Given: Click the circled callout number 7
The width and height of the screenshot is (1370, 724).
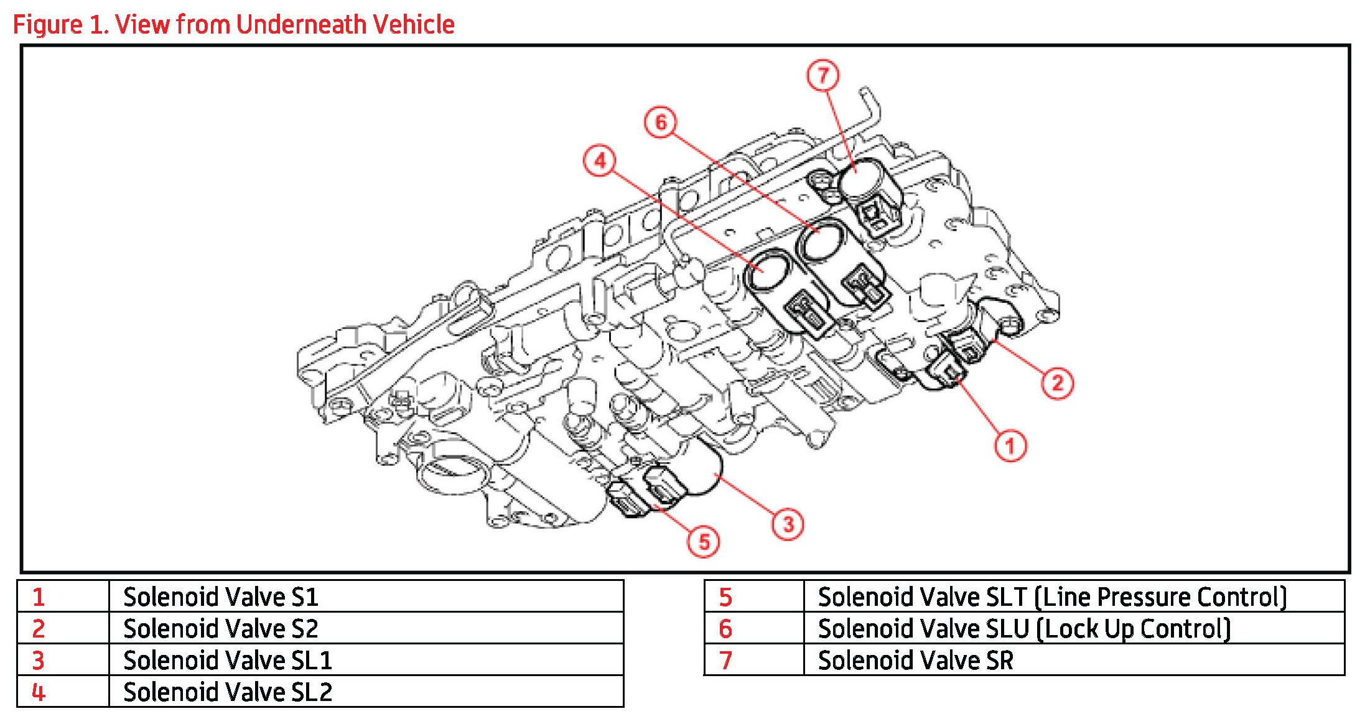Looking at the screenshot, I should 823,75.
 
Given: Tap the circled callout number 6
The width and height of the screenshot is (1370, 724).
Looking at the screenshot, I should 661,122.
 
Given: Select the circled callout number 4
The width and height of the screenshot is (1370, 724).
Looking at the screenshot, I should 600,161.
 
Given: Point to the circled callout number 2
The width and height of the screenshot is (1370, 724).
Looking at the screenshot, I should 1057,383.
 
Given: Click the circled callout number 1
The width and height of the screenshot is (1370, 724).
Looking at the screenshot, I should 1010,446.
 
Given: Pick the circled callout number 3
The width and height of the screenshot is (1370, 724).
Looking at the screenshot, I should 788,524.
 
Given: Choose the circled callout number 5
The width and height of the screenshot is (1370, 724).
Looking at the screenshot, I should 704,542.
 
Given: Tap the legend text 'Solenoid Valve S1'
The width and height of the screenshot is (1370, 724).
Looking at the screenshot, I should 221,597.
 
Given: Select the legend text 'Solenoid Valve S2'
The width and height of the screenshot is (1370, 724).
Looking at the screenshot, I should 221,629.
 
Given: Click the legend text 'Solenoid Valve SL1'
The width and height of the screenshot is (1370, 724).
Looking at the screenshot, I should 228,661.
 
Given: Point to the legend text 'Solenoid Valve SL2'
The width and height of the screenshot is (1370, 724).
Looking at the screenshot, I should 228,692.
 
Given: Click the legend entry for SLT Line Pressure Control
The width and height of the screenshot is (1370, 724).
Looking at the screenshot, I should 1052,597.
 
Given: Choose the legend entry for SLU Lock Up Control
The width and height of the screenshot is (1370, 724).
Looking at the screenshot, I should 1024,629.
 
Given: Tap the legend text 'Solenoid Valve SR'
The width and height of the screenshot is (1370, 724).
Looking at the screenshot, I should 915,661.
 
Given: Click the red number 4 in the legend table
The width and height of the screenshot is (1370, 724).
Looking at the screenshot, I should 39,692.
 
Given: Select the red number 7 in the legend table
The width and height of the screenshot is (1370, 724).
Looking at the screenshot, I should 725,661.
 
